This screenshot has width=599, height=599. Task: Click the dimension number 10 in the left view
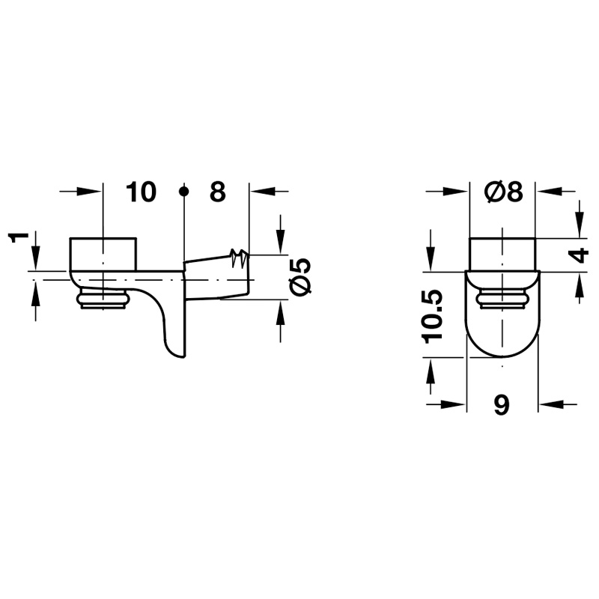[x=141, y=192]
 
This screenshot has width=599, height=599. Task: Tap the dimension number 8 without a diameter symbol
[x=218, y=192]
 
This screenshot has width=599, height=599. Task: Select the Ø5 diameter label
[x=301, y=276]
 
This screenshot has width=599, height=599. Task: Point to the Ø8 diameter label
[x=504, y=192]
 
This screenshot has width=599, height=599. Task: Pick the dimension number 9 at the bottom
[x=502, y=405]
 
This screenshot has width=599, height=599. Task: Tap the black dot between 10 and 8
[x=184, y=191]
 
